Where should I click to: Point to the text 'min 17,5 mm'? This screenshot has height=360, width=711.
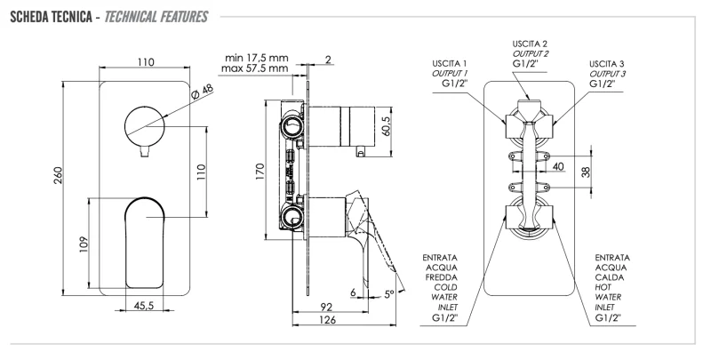point(257,56)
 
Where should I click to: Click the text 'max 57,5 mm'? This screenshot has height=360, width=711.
point(257,68)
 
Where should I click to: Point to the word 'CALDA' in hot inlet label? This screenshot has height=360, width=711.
point(614,277)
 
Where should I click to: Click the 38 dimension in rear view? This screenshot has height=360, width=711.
point(585,173)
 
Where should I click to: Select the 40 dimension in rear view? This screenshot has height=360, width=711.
point(558,166)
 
